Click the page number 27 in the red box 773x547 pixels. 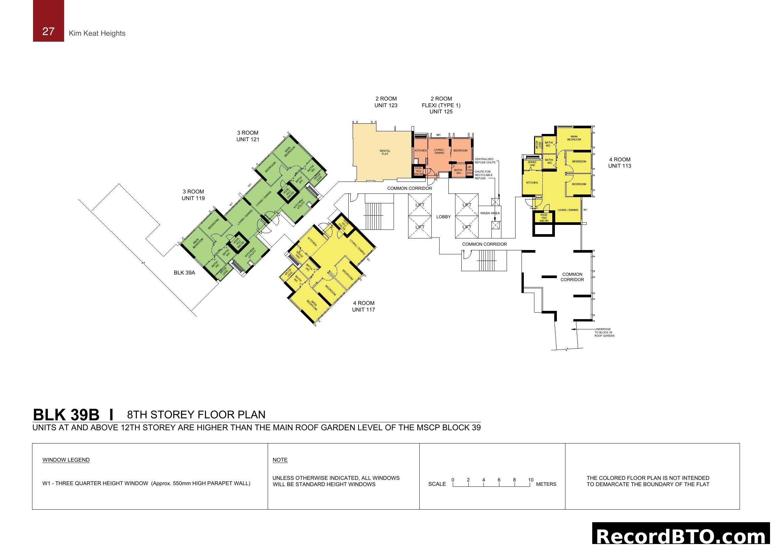(x=48, y=31)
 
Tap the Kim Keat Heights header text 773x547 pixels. (x=97, y=33)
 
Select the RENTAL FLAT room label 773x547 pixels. (x=385, y=152)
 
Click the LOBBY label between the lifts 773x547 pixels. (x=444, y=217)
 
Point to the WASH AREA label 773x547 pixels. (x=490, y=213)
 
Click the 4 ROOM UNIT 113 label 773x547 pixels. (x=619, y=163)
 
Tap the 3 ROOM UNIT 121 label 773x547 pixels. (x=248, y=136)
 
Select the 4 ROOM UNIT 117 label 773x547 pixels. (x=364, y=307)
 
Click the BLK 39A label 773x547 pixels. (x=184, y=273)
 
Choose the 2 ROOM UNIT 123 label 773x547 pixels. (x=386, y=102)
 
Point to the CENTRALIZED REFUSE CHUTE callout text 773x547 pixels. (x=485, y=161)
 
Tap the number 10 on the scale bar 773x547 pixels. (x=531, y=480)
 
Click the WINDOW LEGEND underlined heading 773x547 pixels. (x=66, y=460)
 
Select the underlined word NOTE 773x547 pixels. (x=280, y=460)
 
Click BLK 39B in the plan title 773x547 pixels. (x=66, y=415)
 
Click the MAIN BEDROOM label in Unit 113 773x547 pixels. (x=574, y=138)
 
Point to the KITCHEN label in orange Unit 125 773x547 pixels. (x=420, y=150)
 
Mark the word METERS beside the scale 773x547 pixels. (x=546, y=484)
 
